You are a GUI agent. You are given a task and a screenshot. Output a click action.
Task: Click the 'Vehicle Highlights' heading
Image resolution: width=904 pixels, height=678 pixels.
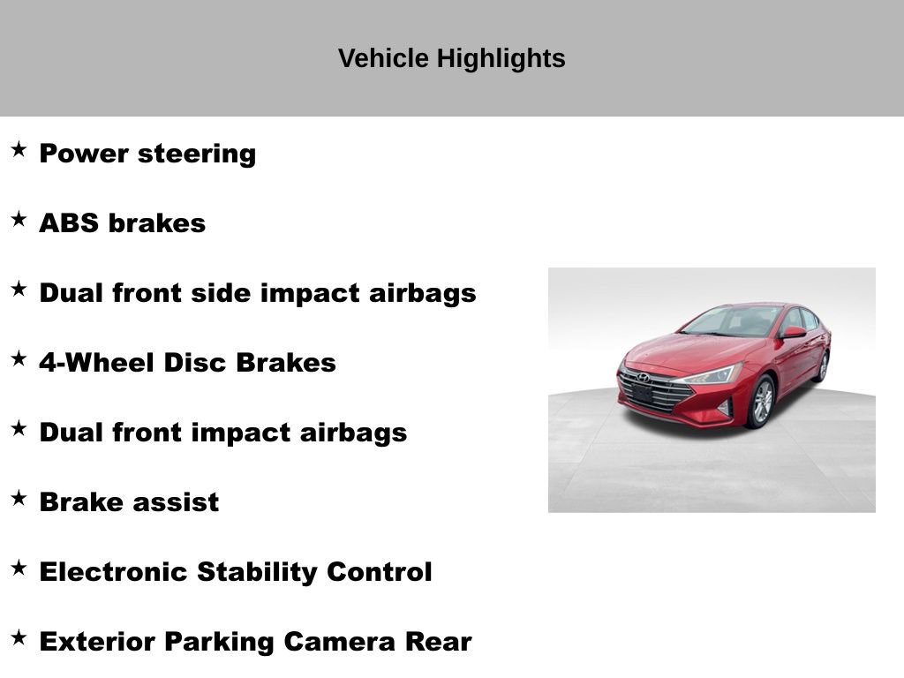451,59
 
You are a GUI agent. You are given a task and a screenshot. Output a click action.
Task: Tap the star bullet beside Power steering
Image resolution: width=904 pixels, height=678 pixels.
19,150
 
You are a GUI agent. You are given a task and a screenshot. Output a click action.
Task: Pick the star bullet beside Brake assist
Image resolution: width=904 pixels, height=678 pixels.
19,499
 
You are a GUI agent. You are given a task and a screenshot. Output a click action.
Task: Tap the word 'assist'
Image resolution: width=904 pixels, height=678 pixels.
177,502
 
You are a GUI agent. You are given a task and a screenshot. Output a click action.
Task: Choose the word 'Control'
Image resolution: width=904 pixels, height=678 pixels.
380,572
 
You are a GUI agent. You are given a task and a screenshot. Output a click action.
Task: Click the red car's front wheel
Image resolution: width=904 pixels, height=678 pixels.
761,402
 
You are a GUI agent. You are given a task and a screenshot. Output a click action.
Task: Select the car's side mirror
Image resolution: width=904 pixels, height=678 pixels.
792,333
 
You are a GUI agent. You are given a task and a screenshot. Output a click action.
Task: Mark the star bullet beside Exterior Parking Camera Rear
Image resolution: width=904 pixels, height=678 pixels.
19,638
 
